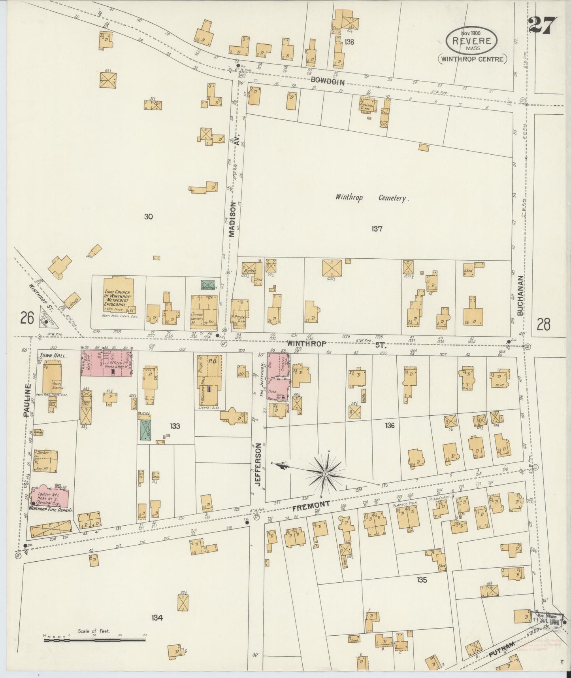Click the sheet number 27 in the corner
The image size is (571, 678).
[x=543, y=26]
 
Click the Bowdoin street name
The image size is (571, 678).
[x=328, y=82]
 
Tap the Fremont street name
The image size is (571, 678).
[x=311, y=505]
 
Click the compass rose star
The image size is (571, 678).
[x=325, y=473]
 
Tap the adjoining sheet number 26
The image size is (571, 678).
[x=27, y=318]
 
